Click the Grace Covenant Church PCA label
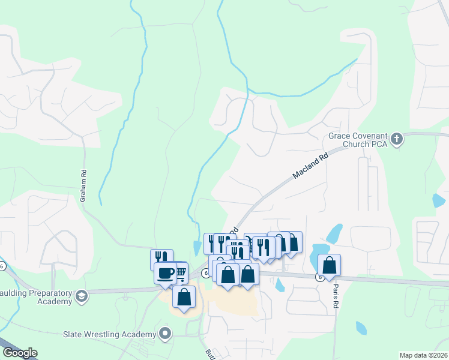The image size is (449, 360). pyautogui.click(x=358, y=140)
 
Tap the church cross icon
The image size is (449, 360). pyautogui.click(x=396, y=140)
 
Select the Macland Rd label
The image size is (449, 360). pyautogui.click(x=312, y=165)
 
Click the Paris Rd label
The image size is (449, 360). pyautogui.click(x=336, y=296)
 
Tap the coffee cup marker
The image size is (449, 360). pyautogui.click(x=165, y=273)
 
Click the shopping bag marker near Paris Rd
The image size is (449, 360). pyautogui.click(x=330, y=265)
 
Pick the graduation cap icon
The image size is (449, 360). pyautogui.click(x=81, y=296)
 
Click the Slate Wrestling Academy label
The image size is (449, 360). pyautogui.click(x=110, y=334)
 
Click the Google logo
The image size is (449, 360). pyautogui.click(x=20, y=353)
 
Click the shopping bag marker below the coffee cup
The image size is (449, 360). pyautogui.click(x=184, y=296)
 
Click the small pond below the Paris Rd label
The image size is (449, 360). pyautogui.click(x=361, y=328)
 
